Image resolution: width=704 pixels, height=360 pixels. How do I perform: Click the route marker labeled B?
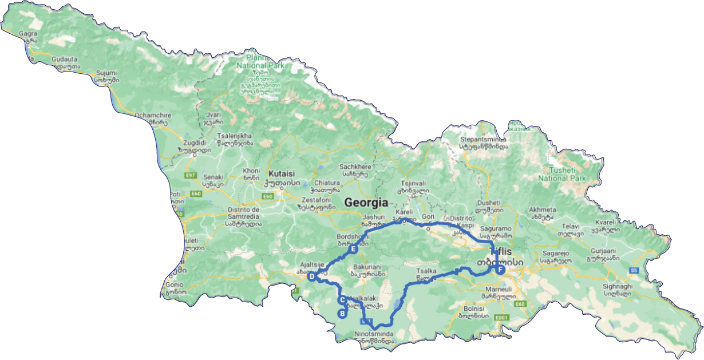coord(342,314)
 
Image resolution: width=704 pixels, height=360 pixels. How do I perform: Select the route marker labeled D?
coord(311,277)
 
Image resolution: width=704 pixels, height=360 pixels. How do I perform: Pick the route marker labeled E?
coord(353,250)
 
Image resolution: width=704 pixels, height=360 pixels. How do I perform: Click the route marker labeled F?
coord(500,270)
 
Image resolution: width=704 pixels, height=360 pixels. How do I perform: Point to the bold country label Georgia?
coord(366,203)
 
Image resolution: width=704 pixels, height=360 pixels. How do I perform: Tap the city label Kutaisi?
coord(281,173)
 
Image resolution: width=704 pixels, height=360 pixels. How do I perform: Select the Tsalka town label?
coord(423,272)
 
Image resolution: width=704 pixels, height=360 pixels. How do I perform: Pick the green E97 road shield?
coord(191,175)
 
